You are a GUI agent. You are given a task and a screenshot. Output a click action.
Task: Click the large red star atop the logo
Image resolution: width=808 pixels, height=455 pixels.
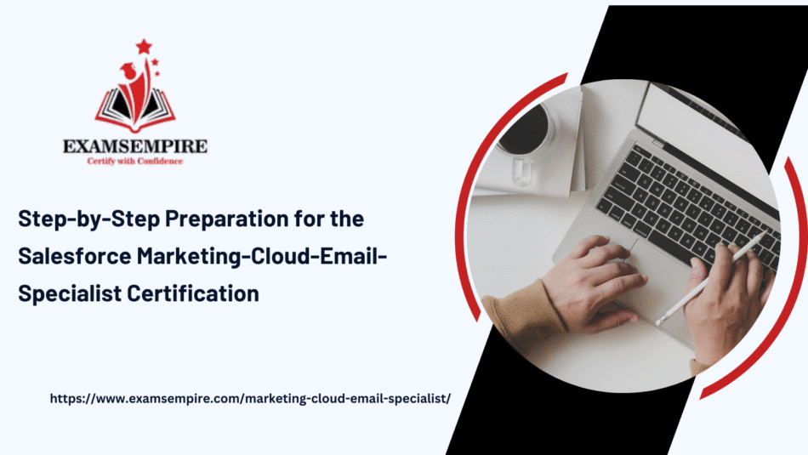coord(144,47)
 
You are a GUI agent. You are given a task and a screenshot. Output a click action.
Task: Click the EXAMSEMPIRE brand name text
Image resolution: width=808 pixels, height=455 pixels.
coord(135,146)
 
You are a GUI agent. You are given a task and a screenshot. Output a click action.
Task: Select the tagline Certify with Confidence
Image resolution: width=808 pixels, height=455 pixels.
coord(135,162)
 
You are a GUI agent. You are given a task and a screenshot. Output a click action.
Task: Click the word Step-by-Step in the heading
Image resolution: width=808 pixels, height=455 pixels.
coord(89,219)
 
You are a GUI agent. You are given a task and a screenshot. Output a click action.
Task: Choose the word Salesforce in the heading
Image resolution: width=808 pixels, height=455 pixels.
coord(75,256)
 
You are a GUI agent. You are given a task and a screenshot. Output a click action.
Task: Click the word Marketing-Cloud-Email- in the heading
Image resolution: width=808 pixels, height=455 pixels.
coord(262,257)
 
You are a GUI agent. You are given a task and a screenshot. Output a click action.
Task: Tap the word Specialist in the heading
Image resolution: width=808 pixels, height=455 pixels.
coord(70,294)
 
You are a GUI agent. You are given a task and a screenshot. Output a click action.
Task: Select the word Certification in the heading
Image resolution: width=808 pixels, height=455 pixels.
coord(193,293)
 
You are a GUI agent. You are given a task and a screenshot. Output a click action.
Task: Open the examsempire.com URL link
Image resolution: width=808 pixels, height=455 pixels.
coord(250,399)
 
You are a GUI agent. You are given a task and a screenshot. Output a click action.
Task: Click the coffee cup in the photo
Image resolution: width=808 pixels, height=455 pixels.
coord(526,135)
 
